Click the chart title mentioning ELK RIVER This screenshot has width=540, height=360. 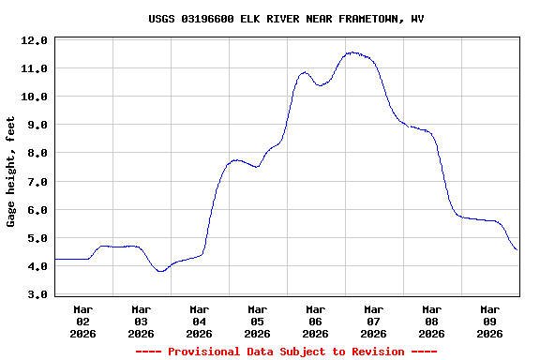point(286,19)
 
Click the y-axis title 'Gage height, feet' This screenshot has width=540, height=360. point(11,172)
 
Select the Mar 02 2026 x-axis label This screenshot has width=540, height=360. point(83,321)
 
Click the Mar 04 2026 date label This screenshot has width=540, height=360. point(200,321)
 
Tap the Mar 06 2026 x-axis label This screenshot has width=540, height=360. point(316,321)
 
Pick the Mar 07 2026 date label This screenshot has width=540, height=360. point(374,321)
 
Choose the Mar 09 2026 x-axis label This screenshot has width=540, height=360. point(490,321)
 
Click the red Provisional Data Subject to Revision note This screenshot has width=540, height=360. point(286,352)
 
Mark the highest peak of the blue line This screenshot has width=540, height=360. point(352,52)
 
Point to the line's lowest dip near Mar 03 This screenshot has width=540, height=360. point(161,271)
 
